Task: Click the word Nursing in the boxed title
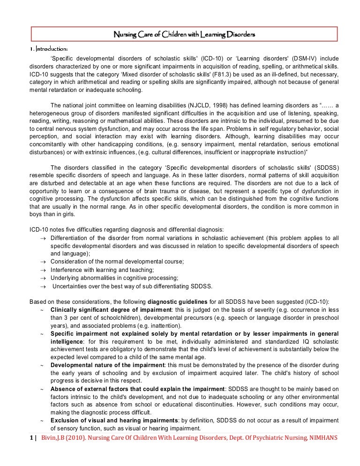coord(127,35)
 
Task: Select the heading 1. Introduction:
coord(49,49)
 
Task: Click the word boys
coord(36,215)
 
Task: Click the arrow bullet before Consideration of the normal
coord(43,261)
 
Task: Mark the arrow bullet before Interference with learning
coord(43,270)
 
